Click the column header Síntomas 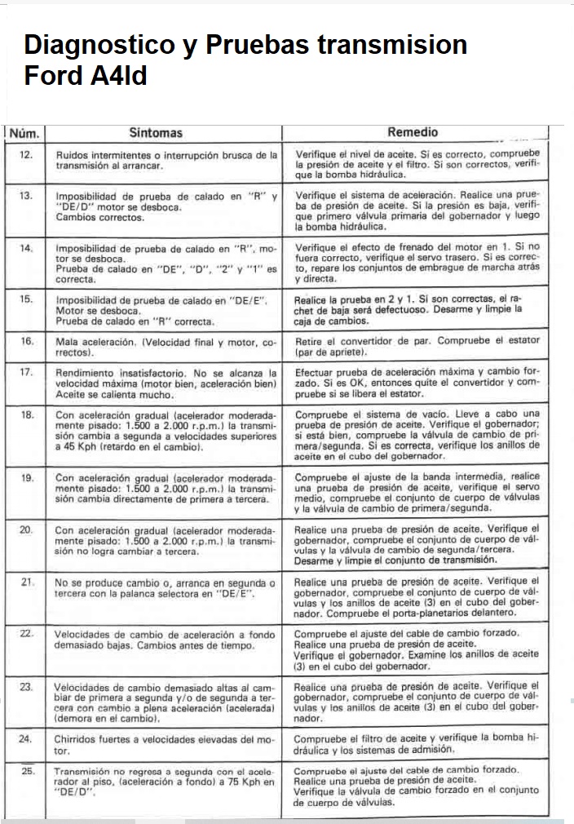click(156, 132)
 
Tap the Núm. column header click(24, 133)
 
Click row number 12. click(25, 154)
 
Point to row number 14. click(25, 248)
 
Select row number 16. click(25, 341)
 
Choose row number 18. click(26, 414)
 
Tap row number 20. click(26, 530)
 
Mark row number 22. click(26, 633)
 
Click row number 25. click(27, 770)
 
